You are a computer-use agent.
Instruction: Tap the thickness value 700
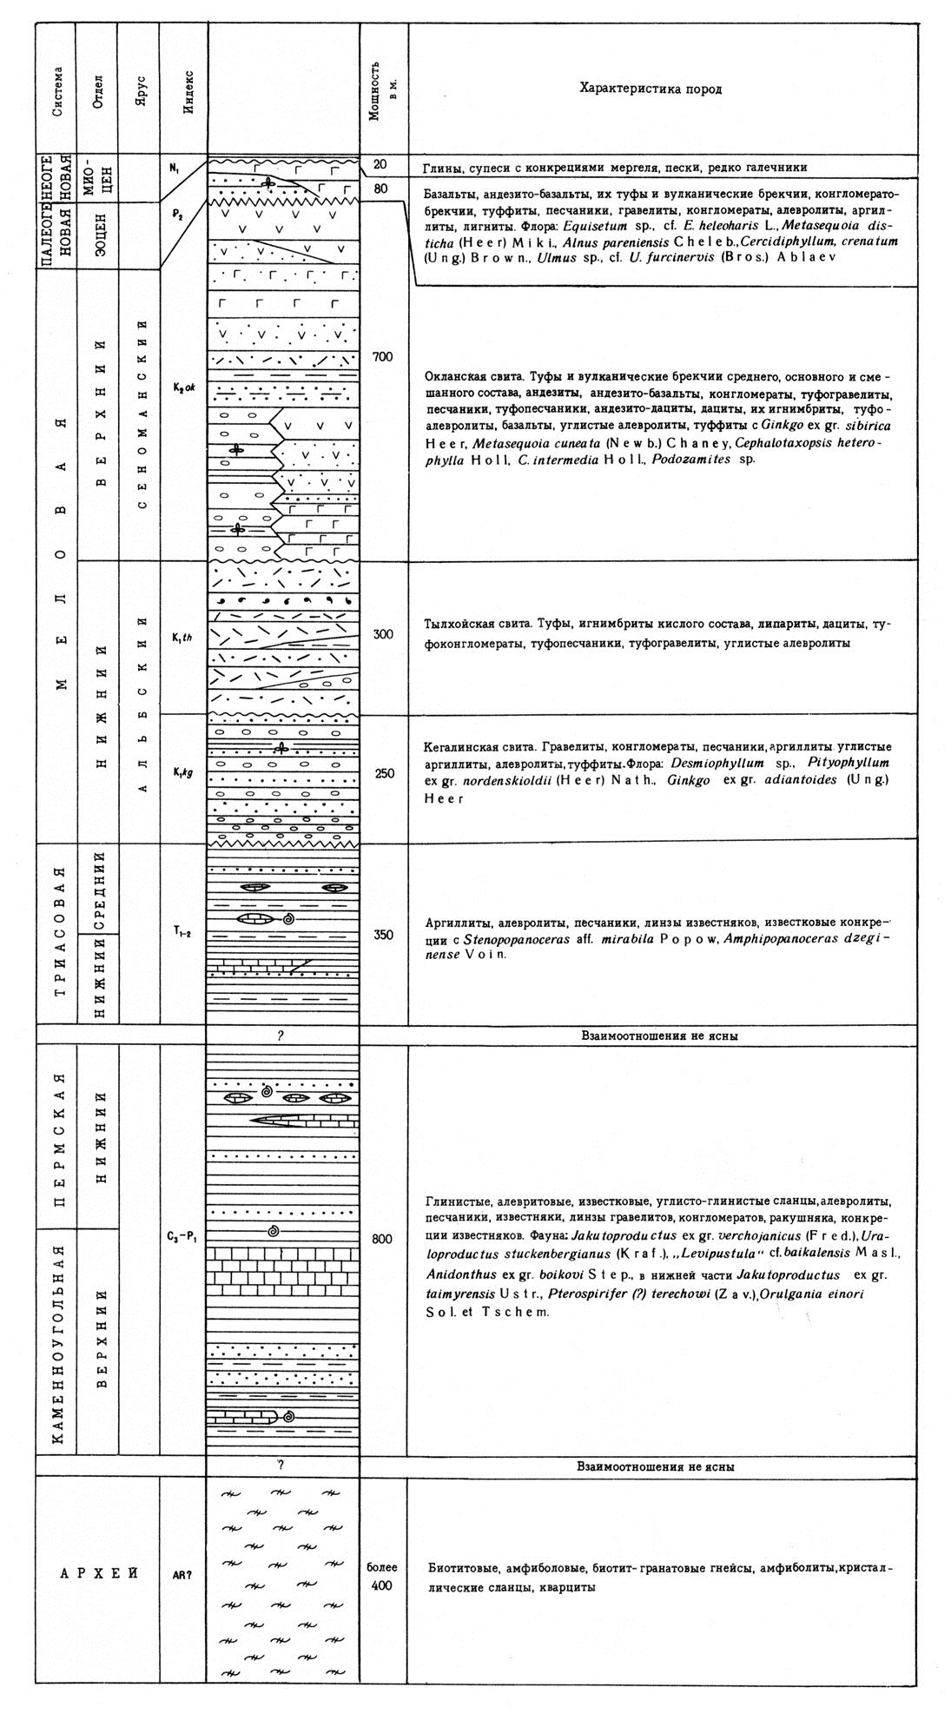click(x=383, y=357)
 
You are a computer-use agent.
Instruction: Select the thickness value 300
click(x=383, y=634)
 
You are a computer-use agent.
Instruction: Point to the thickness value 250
click(x=383, y=773)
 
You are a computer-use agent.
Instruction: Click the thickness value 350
click(x=383, y=935)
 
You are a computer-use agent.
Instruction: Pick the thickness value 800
click(x=383, y=1240)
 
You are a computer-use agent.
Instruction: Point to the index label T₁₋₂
click(x=182, y=935)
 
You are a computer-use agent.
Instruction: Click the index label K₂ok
click(x=182, y=387)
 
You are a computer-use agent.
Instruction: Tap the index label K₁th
click(x=182, y=634)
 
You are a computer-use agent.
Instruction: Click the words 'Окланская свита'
click(x=467, y=377)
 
